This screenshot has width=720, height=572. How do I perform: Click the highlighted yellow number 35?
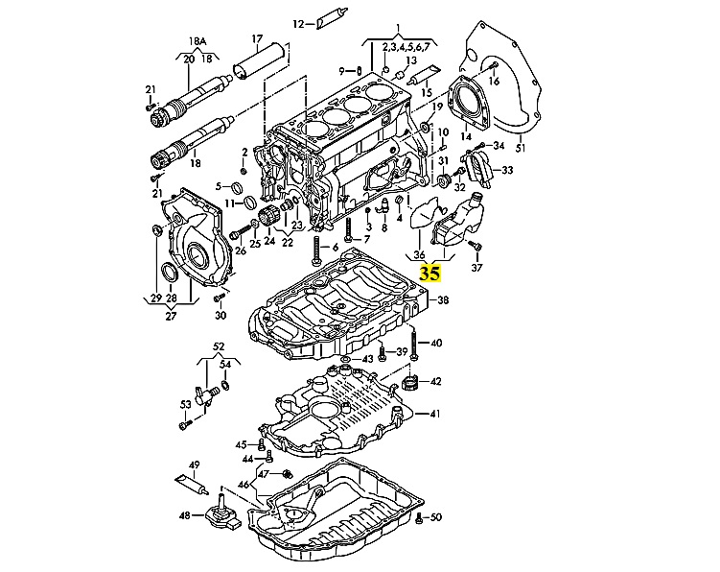tap(430, 274)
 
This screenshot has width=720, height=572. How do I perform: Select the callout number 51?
tap(521, 149)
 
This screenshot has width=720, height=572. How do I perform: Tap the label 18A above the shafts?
tap(197, 42)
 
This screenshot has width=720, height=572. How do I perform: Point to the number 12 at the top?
tap(297, 23)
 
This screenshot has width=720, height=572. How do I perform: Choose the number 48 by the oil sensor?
tap(185, 515)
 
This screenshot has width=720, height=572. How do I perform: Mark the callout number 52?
tap(219, 346)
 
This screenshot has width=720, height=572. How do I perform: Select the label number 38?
tap(443, 301)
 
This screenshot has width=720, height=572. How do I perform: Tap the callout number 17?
tap(256, 39)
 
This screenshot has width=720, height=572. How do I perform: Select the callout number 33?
tap(507, 170)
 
